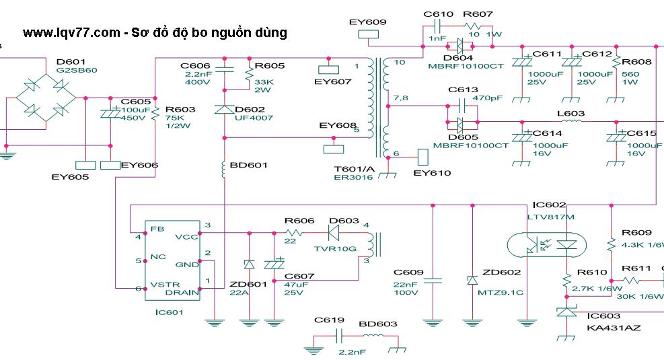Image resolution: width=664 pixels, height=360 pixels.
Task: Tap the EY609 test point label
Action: pos(368,22)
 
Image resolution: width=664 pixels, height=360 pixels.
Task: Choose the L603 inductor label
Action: pos(571,114)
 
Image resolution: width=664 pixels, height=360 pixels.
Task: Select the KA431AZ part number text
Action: pos(614,328)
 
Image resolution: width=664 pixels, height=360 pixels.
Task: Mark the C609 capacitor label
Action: pos(408,273)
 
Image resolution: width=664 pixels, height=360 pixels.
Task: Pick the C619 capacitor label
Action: pos(329,321)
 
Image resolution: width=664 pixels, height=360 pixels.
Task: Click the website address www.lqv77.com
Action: pos(71,33)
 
